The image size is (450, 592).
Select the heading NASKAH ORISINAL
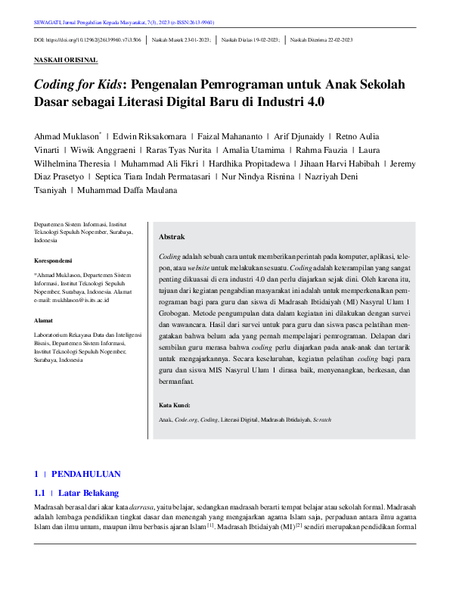(x=66, y=60)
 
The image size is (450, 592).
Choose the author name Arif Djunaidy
(x=298, y=136)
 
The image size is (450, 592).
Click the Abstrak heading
(x=171, y=237)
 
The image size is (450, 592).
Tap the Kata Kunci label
(x=175, y=405)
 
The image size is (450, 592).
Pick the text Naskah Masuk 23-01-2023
(x=182, y=39)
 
